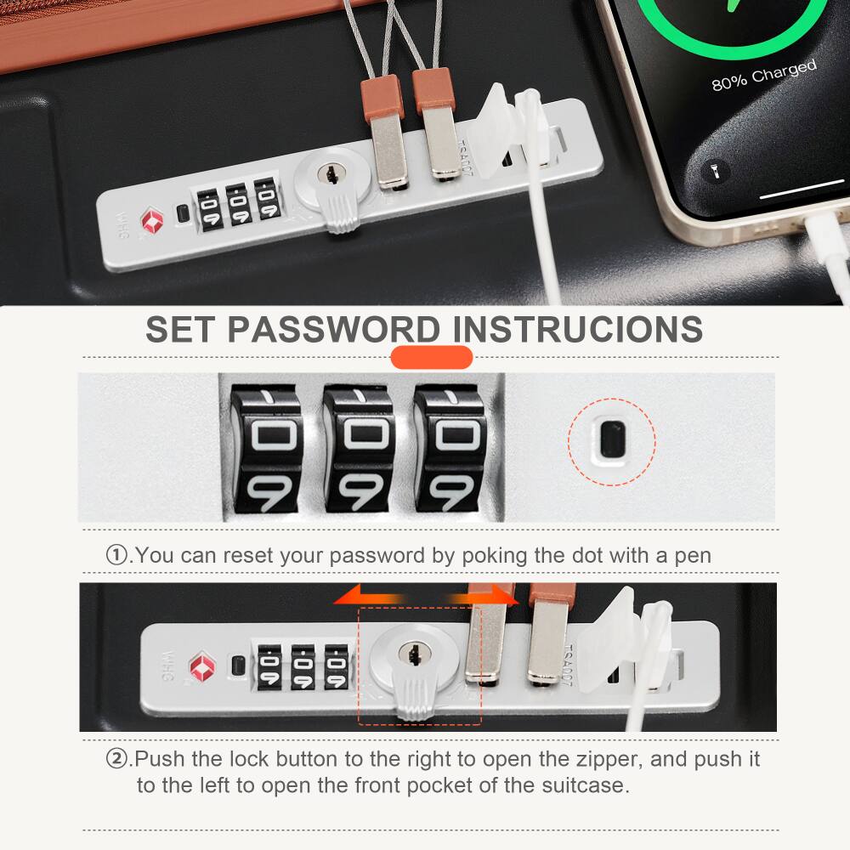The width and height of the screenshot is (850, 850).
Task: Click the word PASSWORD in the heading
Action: coord(335,329)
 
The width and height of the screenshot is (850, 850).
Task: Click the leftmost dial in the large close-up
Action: coord(265,449)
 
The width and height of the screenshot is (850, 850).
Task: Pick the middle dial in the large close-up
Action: coord(357,449)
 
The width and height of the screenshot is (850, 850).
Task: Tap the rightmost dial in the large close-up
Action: coord(448,449)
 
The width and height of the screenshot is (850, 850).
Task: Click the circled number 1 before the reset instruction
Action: coord(116,556)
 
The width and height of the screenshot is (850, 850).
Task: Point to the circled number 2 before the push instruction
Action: coord(116,758)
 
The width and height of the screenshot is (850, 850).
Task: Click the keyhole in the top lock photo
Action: coord(327,174)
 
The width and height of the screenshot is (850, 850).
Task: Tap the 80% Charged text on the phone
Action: coord(763,76)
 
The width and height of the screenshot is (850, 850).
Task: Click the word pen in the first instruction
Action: coord(694,556)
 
